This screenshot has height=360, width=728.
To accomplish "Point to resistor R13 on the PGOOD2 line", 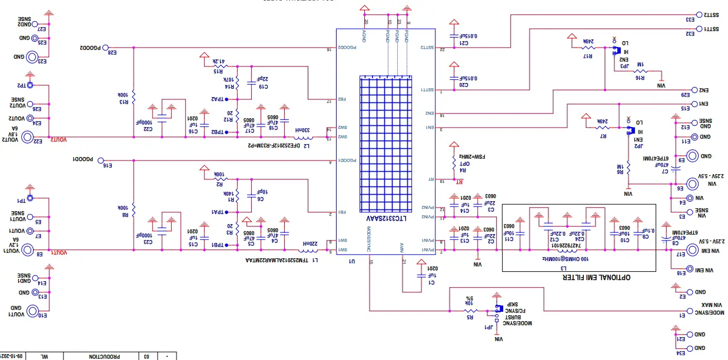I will pos(134,95).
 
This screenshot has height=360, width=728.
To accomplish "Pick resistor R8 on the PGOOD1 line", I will pos(134,208).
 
